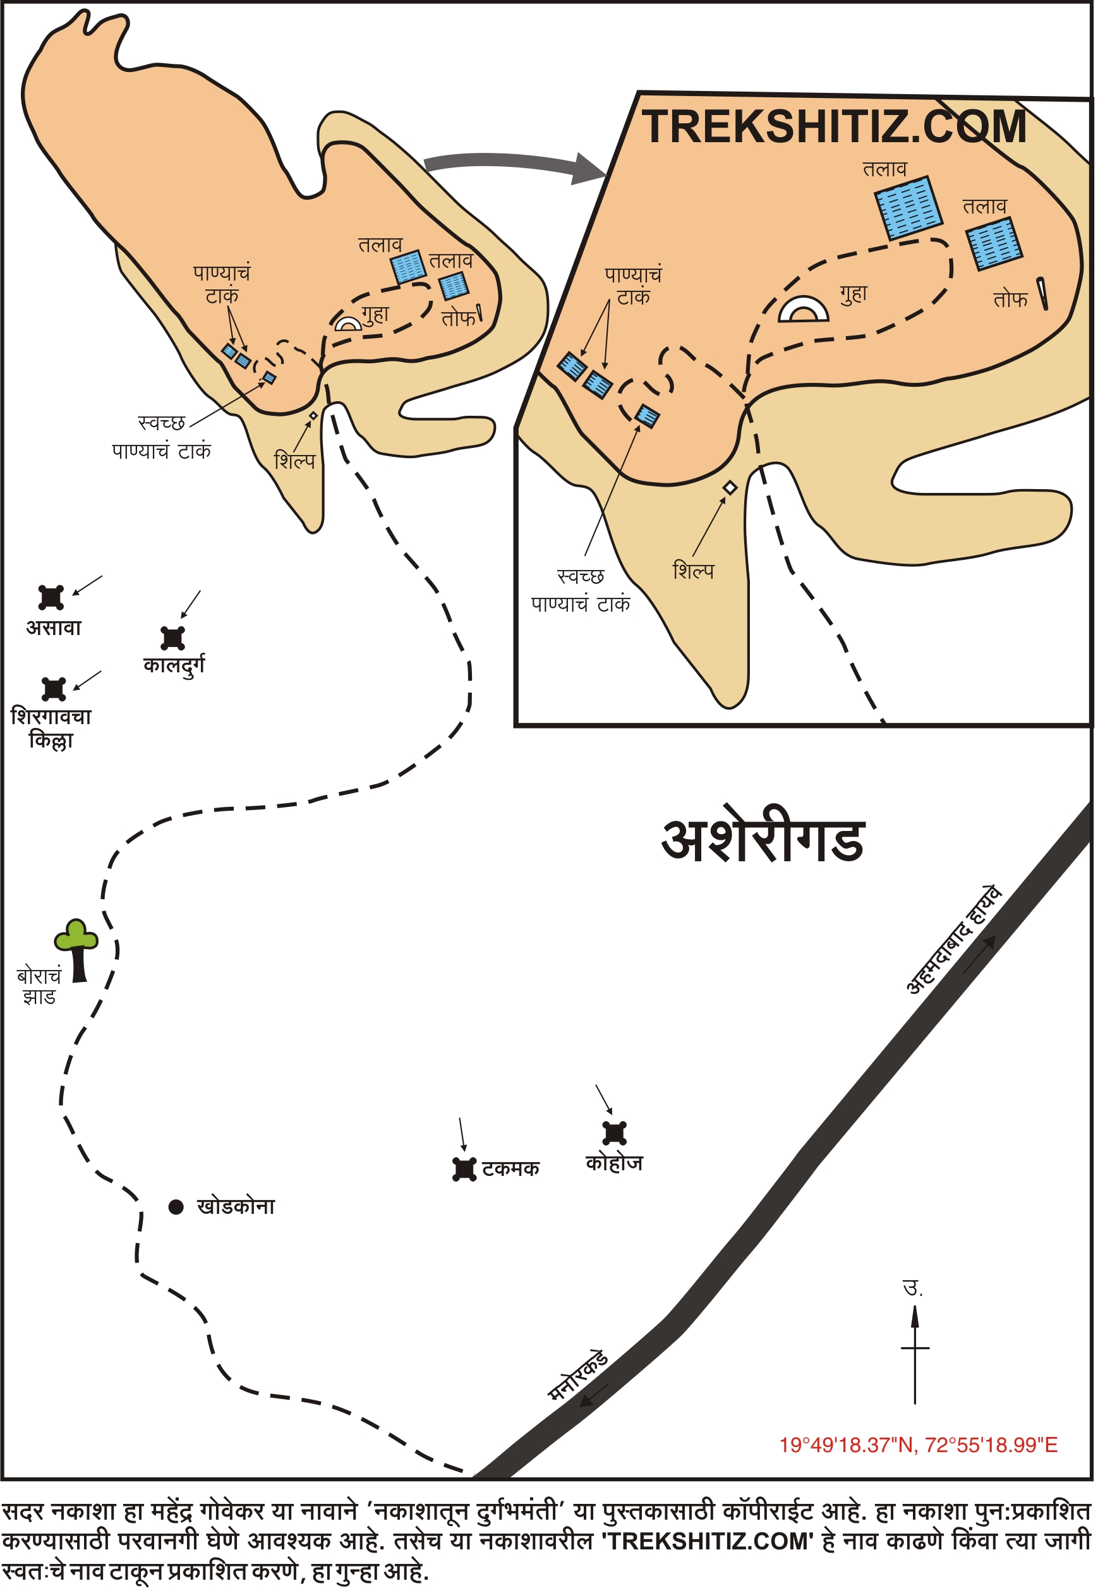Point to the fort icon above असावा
click(51, 597)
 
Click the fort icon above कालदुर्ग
click(172, 638)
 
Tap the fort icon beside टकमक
click(464, 1169)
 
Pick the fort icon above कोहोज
click(614, 1132)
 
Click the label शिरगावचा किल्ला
click(51, 728)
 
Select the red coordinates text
click(918, 1445)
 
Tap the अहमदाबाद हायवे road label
click(953, 941)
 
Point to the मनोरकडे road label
click(578, 1376)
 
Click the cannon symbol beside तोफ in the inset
click(1043, 294)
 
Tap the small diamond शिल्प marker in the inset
click(730, 488)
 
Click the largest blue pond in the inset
click(908, 209)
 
